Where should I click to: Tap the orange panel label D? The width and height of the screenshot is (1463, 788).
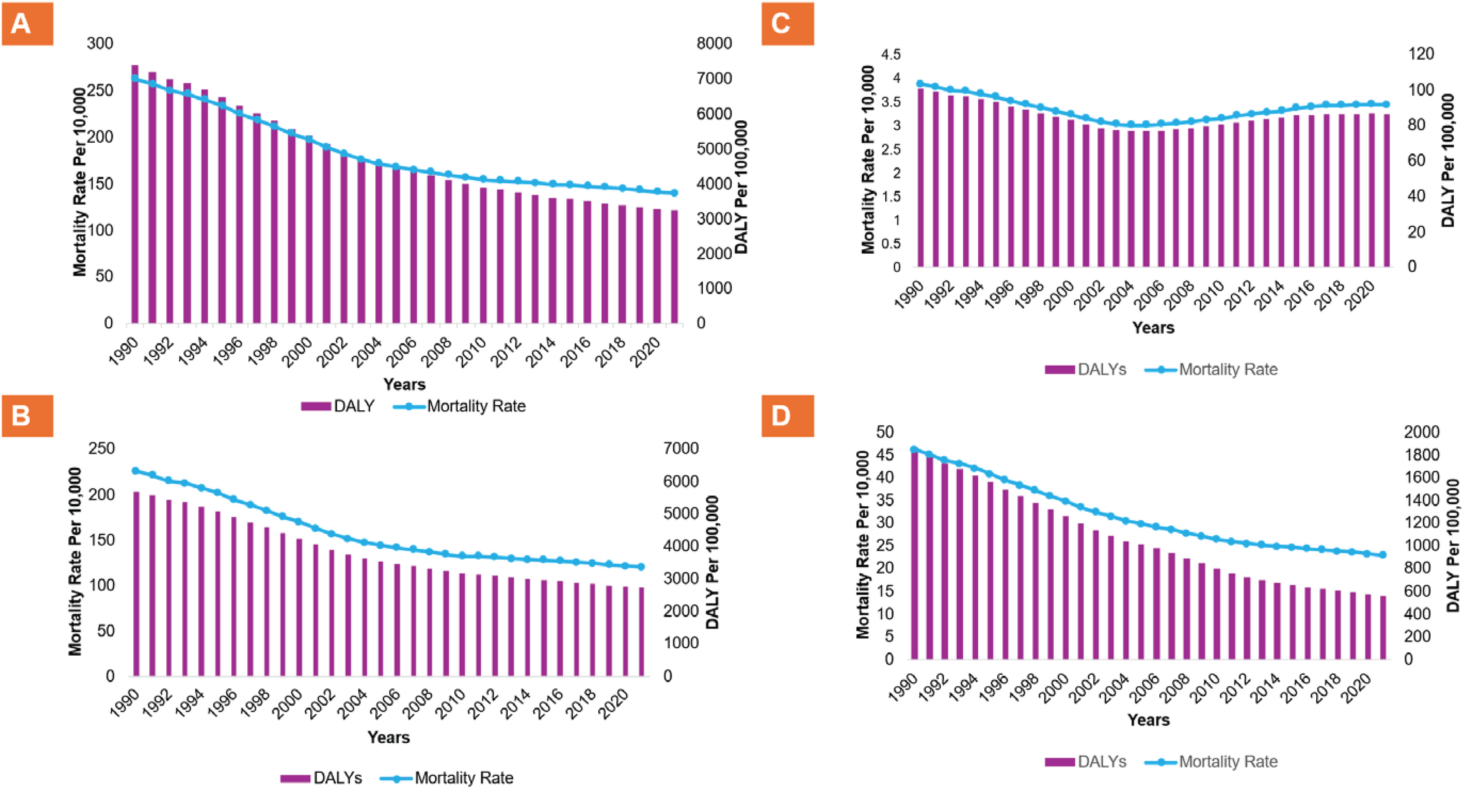click(x=787, y=416)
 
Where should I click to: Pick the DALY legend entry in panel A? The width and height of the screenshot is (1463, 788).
click(x=338, y=406)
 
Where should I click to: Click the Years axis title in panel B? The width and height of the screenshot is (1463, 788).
click(x=389, y=737)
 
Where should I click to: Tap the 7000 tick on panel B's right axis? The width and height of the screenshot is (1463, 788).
click(x=681, y=448)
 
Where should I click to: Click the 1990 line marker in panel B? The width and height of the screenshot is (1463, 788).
click(x=135, y=471)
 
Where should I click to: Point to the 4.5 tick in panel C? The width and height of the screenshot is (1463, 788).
click(x=890, y=55)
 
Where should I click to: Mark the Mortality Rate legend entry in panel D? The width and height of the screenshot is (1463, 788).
click(x=1211, y=762)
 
